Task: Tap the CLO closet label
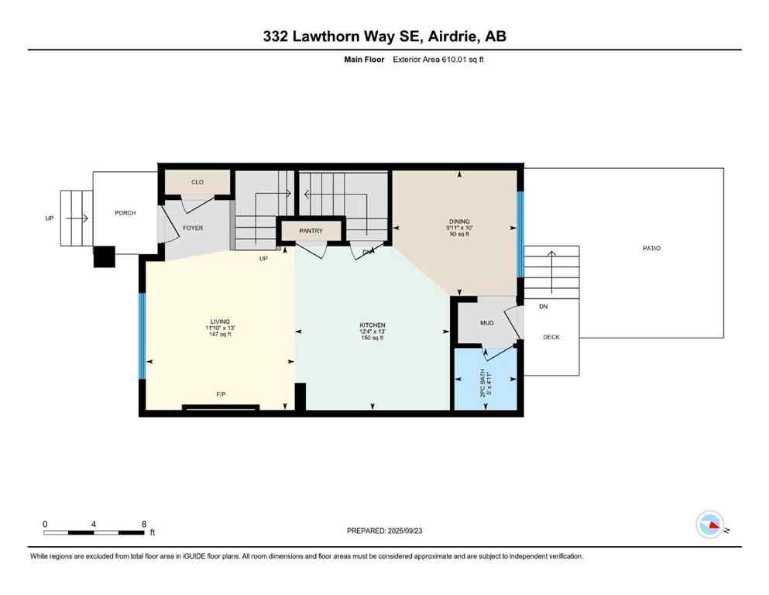pos(197,182)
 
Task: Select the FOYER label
pos(193,228)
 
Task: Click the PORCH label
pos(125,213)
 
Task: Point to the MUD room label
pos(487,323)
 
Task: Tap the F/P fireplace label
pos(221,395)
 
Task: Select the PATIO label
pos(651,248)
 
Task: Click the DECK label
pos(551,337)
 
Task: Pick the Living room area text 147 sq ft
pos(220,335)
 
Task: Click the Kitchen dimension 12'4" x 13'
pos(372,332)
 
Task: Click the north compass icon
pos(709,525)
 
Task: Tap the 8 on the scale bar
pos(144,524)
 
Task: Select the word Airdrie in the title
pos(449,36)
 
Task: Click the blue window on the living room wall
pos(142,335)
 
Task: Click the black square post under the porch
pos(104,256)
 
